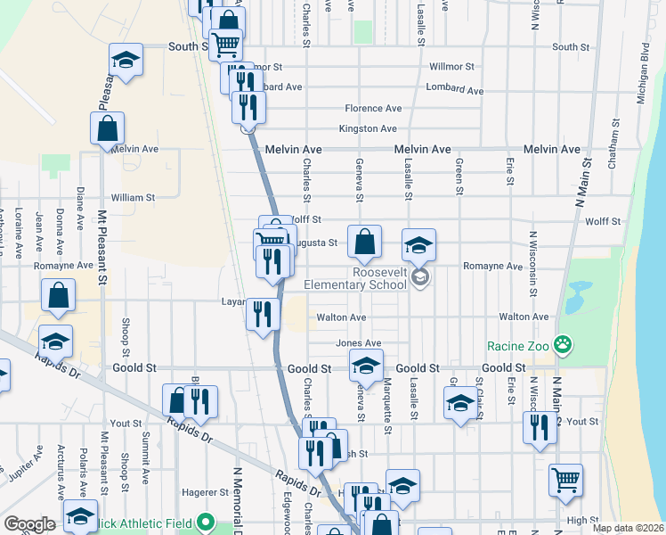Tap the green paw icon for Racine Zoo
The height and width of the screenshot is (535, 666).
562,343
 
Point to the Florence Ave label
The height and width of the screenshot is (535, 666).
373,108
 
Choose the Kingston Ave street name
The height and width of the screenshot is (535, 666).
367,128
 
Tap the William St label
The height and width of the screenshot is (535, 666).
133,197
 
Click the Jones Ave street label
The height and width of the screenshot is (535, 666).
358,343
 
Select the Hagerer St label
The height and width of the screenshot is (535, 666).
206,491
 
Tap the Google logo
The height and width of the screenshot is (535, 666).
29,523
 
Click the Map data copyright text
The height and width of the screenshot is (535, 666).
629,528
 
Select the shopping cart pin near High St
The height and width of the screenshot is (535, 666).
565,480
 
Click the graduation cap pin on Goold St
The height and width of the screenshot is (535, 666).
365,365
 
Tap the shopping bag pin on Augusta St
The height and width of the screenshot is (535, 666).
365,241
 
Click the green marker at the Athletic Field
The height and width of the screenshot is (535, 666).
207,521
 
